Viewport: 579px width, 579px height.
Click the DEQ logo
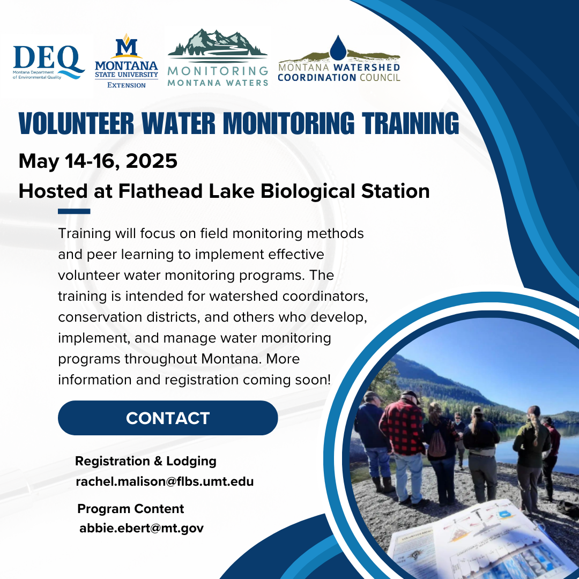point(48,62)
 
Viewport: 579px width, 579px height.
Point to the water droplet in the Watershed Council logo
point(338,48)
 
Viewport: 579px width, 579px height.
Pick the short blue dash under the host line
point(73,211)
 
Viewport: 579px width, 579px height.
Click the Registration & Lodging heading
point(145,461)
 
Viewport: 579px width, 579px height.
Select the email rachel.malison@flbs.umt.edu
point(165,481)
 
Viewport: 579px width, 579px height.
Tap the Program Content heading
point(130,509)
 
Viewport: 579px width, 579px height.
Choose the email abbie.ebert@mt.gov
point(142,528)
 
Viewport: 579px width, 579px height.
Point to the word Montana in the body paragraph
point(234,359)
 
